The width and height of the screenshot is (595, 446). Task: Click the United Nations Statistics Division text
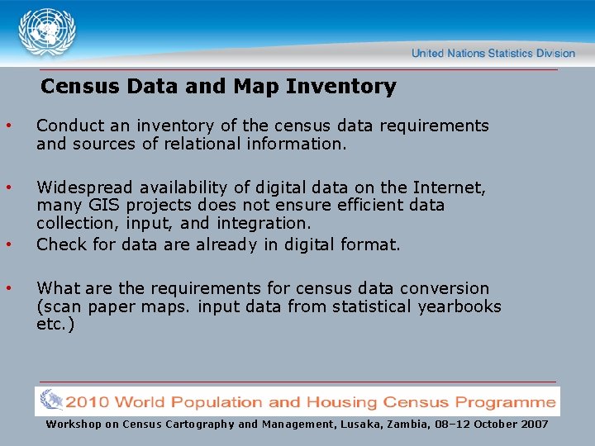click(493, 53)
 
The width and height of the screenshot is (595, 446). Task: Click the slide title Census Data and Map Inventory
click(218, 86)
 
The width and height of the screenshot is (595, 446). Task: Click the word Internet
click(453, 187)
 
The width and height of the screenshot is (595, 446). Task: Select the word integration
click(263, 223)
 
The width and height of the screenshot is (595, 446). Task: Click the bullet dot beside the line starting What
click(8, 287)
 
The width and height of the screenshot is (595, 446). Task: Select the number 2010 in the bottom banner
click(88, 402)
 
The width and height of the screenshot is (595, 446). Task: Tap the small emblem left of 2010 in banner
click(51, 401)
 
